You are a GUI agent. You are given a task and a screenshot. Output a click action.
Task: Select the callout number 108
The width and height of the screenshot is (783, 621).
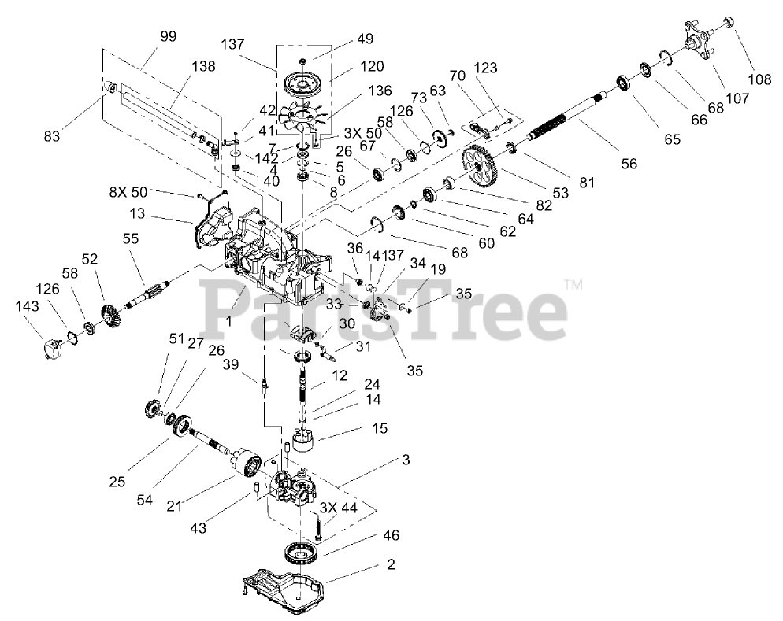759,79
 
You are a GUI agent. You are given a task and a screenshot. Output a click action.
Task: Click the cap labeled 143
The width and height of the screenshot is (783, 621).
54,346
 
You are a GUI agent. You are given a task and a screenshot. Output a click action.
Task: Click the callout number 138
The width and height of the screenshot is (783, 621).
202,67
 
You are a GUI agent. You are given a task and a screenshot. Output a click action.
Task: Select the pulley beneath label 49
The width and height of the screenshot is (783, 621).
302,83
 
